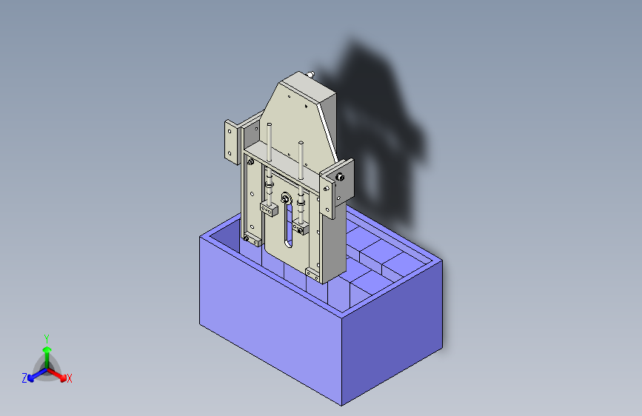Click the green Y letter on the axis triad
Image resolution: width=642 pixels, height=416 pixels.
pos(46,338)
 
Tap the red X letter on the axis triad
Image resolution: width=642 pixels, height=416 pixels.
pos(70,379)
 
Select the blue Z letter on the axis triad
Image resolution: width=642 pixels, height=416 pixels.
pos(24,378)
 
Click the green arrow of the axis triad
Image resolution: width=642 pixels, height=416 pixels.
pos(47,350)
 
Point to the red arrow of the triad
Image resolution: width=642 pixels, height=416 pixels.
pos(59,373)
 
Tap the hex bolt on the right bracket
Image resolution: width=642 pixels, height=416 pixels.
pos(339,177)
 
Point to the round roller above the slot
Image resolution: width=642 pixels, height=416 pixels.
pos(284,198)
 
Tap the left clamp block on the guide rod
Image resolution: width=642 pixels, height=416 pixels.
pos(268,210)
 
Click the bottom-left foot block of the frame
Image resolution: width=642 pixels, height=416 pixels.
pos(252,240)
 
